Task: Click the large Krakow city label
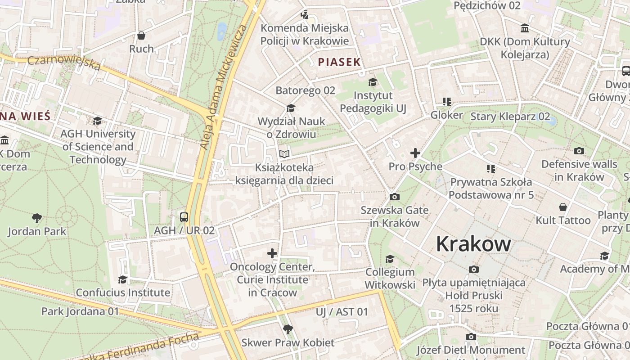473,244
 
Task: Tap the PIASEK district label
339,62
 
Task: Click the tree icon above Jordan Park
37,218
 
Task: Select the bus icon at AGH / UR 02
184,217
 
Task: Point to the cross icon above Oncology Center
272,254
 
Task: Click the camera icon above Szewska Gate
395,197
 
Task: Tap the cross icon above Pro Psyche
415,153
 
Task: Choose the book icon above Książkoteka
284,154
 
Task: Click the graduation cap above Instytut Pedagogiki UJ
373,82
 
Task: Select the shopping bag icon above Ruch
141,35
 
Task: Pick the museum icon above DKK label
525,28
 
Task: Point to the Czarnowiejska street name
64,63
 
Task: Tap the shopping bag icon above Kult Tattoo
563,207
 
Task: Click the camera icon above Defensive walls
579,151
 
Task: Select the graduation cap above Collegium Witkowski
390,259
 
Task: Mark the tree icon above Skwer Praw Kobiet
288,329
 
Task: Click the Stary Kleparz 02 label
510,117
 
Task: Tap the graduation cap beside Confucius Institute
122,279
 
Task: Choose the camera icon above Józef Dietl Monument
471,337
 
